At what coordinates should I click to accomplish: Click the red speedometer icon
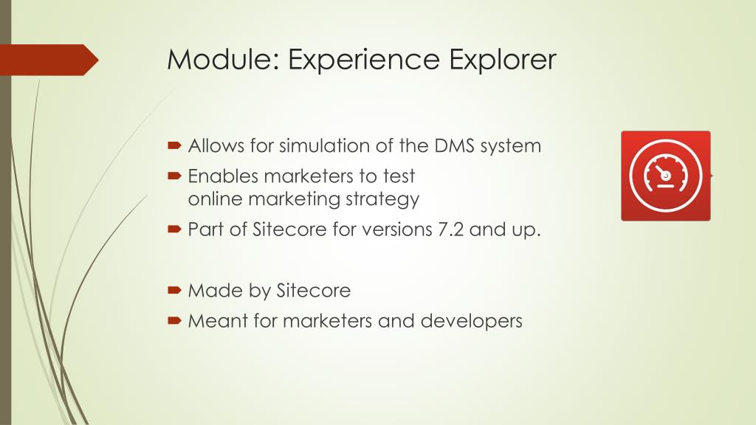665,176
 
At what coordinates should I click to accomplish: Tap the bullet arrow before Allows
174,145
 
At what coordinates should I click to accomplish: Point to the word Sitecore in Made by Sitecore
313,291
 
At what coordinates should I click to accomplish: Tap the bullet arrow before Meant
174,321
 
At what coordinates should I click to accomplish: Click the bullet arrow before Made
174,291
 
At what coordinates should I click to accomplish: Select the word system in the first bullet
510,146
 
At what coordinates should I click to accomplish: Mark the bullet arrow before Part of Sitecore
174,229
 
